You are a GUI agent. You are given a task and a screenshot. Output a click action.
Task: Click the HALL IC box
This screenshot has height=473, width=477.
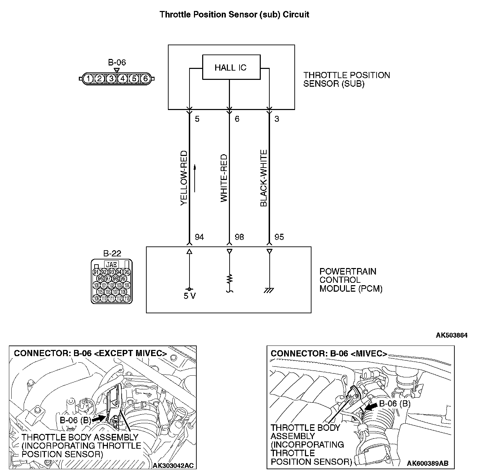tap(231, 68)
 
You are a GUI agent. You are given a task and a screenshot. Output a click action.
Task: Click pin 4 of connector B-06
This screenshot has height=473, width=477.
tap(123, 79)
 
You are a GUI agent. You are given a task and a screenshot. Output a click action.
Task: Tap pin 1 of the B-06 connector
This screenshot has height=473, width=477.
tap(88, 79)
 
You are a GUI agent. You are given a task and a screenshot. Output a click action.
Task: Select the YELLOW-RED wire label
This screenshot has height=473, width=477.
tap(184, 178)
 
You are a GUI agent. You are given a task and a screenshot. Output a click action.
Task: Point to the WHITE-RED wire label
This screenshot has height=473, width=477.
tap(224, 178)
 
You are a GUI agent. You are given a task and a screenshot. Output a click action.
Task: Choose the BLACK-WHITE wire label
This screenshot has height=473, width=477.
tap(264, 178)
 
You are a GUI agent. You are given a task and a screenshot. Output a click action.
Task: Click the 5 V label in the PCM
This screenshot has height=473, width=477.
tap(189, 296)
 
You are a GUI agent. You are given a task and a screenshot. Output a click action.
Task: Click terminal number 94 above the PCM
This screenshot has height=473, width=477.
tap(199, 237)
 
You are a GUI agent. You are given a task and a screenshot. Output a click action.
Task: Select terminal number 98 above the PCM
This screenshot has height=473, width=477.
tap(239, 237)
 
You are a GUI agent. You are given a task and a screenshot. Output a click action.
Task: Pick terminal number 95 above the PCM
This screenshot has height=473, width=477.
tap(279, 237)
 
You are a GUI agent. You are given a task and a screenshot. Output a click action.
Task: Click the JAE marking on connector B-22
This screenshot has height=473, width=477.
tap(111, 265)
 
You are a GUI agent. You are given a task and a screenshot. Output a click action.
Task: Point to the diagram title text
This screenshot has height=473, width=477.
tap(234, 15)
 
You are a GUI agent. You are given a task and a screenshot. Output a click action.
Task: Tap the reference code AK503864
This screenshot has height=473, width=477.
tap(451, 335)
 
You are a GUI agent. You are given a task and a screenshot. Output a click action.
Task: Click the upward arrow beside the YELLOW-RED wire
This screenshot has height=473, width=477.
tap(195, 178)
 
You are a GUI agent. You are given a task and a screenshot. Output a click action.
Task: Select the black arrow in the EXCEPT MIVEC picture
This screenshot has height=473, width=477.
tap(99, 419)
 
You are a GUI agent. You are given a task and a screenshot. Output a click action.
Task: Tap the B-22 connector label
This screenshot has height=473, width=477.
tap(112, 254)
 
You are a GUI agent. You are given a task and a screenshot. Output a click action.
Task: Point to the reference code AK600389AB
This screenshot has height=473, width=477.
tap(427, 463)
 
